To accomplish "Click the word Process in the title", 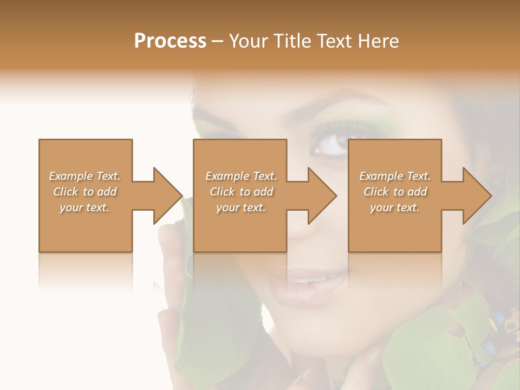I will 170,41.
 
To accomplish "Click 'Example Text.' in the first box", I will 84,176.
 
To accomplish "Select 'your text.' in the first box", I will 84,207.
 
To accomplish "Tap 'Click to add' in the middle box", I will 241,192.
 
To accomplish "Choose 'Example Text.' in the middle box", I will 241,176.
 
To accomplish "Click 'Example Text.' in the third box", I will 395,176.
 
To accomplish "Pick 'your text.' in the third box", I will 395,207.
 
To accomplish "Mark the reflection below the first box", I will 86,271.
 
